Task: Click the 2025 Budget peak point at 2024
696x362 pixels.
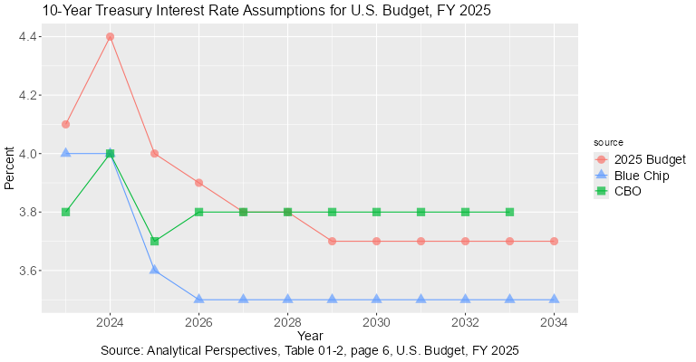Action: pyautogui.click(x=111, y=37)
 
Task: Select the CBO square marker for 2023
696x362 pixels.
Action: pyautogui.click(x=66, y=212)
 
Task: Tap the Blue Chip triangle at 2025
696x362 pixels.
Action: pyautogui.click(x=155, y=270)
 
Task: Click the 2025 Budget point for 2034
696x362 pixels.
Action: pyautogui.click(x=555, y=241)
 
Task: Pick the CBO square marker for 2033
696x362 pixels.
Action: pyautogui.click(x=510, y=212)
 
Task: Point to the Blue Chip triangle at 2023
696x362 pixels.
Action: pyautogui.click(x=66, y=153)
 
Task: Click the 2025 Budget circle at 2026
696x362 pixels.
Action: pyautogui.click(x=199, y=183)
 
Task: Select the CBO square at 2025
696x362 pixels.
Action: pyautogui.click(x=155, y=241)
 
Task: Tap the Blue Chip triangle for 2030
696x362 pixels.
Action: pyautogui.click(x=377, y=299)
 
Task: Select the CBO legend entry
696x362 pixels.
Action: pyautogui.click(x=618, y=191)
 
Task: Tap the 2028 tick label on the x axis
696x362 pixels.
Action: pyautogui.click(x=288, y=321)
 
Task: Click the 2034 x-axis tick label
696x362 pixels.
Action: pyautogui.click(x=555, y=321)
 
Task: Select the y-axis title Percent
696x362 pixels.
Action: pyautogui.click(x=10, y=168)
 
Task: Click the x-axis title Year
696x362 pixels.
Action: pyautogui.click(x=309, y=336)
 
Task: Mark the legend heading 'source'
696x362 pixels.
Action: pyautogui.click(x=608, y=142)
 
